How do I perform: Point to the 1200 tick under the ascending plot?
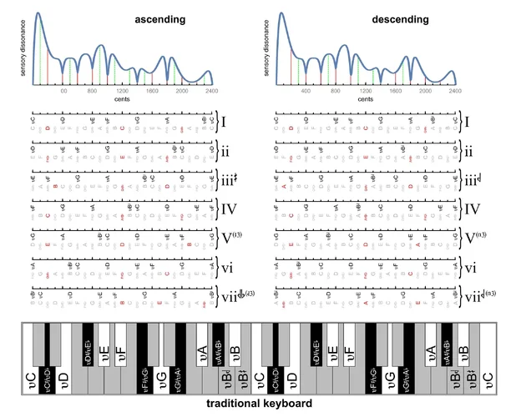[122, 91]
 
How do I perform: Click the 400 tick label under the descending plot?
[305, 91]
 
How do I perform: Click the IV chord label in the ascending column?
[229, 209]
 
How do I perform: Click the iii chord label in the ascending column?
[227, 179]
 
